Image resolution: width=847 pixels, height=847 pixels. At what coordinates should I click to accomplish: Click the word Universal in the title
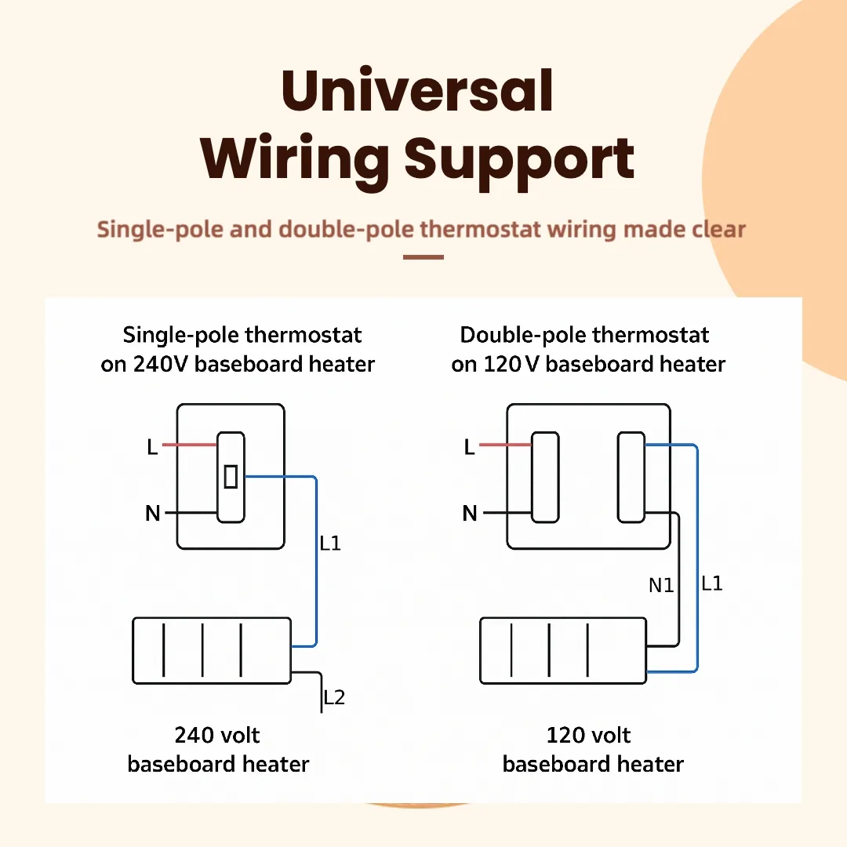tap(417, 91)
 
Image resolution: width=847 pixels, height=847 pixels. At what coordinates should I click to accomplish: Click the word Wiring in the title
tap(294, 159)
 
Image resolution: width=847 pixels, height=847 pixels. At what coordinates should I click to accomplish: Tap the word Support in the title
tap(519, 159)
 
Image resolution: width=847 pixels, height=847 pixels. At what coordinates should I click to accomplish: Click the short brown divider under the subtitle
tap(423, 256)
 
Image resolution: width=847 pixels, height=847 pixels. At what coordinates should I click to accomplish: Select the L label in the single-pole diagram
tap(152, 447)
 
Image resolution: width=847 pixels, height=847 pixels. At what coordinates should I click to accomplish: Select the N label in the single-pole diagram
tap(153, 514)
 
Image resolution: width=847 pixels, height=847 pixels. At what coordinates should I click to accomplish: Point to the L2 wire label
tap(334, 697)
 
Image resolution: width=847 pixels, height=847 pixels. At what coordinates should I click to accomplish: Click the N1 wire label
tap(661, 585)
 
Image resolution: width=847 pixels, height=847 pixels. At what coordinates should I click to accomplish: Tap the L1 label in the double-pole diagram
tap(711, 583)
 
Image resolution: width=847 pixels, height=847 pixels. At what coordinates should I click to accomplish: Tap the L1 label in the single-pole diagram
tap(330, 543)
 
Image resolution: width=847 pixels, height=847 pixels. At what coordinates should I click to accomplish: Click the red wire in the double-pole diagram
tap(505, 445)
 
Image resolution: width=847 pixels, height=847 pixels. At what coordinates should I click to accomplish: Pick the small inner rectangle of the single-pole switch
tap(231, 476)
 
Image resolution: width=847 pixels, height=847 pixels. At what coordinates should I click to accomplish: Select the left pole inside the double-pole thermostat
tap(545, 477)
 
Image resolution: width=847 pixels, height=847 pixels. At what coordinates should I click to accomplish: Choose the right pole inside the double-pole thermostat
tap(631, 477)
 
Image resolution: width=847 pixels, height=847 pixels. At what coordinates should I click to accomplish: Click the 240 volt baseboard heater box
tap(212, 650)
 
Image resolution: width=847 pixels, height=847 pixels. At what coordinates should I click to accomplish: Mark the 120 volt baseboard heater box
tap(563, 650)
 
